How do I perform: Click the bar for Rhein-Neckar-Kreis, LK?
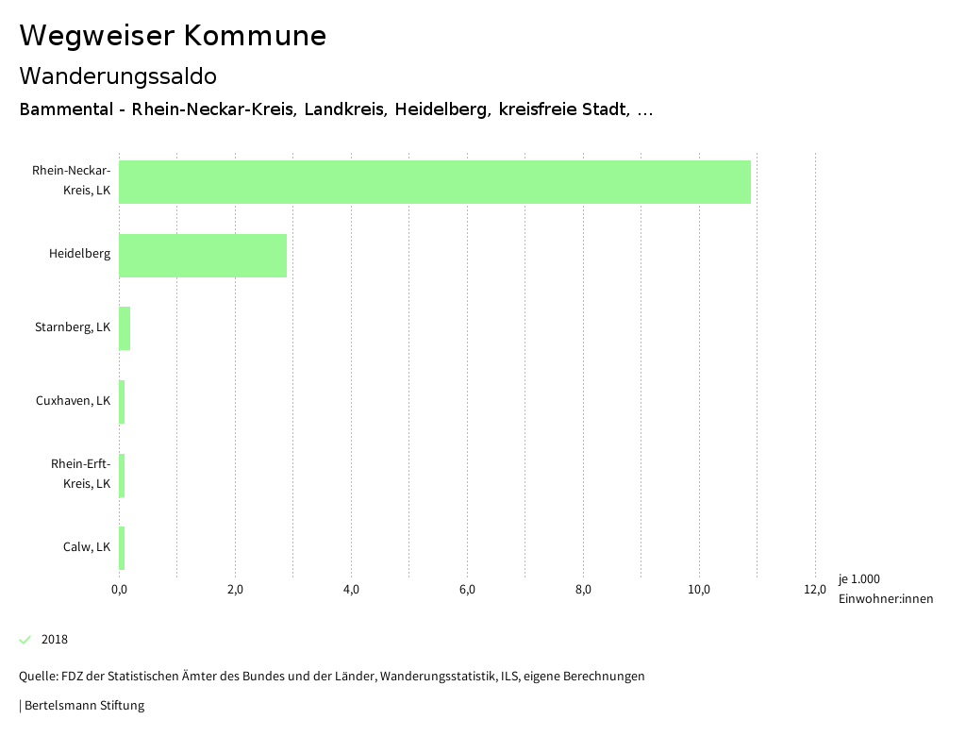[x=435, y=182]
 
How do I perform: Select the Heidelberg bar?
[x=203, y=256]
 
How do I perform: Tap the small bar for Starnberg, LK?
[x=125, y=328]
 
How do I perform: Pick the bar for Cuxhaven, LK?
[x=122, y=402]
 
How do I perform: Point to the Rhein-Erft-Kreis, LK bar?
[x=122, y=476]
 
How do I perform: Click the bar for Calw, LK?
[x=122, y=548]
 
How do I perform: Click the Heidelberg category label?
[x=79, y=254]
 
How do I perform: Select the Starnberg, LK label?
[x=73, y=327]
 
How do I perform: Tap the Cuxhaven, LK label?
[x=73, y=400]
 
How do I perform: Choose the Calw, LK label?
[x=87, y=547]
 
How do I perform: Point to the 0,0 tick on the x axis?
[x=119, y=590]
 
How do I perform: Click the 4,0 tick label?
[x=351, y=590]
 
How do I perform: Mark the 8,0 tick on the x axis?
[x=583, y=590]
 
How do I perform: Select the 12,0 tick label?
[x=815, y=590]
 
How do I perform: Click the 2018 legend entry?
[x=55, y=640]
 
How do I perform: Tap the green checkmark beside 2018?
[x=25, y=640]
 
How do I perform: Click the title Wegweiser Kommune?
[x=173, y=36]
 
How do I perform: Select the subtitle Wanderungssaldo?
[x=118, y=75]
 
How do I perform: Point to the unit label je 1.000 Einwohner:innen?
[x=885, y=589]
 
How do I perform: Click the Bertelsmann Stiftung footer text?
[x=82, y=705]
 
